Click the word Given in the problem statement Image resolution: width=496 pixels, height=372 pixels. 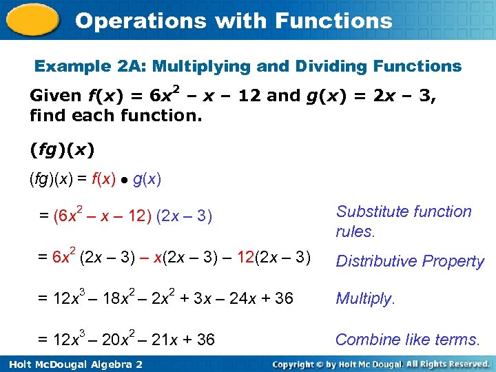coord(55,96)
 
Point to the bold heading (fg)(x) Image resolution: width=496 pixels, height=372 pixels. coord(62,149)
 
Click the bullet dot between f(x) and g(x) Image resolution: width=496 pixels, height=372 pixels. coord(124,181)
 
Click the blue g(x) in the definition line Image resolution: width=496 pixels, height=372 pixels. coord(147,180)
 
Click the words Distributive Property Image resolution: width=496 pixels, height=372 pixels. coord(410,261)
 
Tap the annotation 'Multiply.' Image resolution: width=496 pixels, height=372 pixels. coord(365,298)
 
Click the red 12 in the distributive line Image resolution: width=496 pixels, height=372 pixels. coord(246,258)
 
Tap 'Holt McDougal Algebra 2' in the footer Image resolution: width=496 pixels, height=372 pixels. coord(73,364)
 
